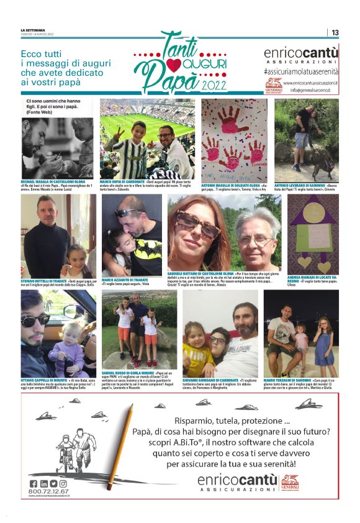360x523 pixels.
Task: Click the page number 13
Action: (335, 32)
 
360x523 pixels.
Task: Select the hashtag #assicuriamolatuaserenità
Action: (300, 72)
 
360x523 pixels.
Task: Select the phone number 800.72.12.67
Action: (48, 491)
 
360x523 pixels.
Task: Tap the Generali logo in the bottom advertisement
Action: (290, 481)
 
